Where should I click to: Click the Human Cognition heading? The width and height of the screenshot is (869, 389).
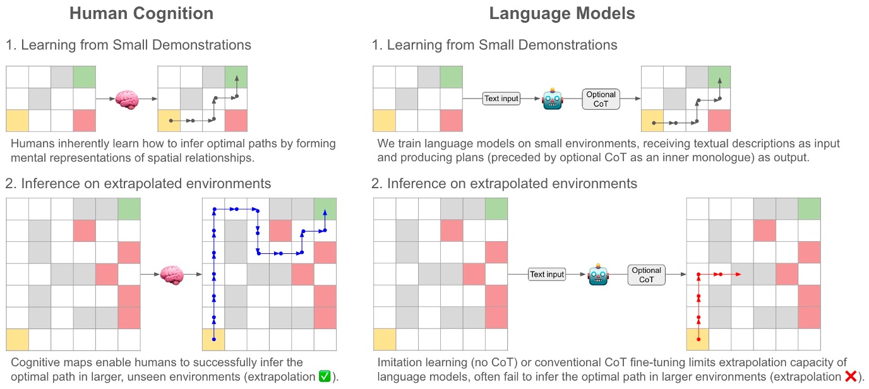point(141,14)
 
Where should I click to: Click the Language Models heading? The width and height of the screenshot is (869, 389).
point(562,14)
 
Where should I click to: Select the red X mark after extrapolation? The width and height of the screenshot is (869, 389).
point(851,377)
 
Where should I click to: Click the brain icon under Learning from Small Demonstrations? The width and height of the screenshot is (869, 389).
point(126,99)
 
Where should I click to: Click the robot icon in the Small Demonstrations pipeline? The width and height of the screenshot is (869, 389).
point(552,99)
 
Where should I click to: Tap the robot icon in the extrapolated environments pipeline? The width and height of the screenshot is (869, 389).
point(597,274)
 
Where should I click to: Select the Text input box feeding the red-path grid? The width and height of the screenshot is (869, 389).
point(546,274)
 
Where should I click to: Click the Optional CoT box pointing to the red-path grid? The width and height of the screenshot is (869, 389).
point(647,274)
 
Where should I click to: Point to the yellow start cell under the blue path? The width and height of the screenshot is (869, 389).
point(213,340)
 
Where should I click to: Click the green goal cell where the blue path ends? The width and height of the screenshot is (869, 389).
point(325,208)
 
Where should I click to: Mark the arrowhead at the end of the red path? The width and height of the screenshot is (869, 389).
point(738,274)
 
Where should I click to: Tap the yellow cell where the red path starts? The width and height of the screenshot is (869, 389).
point(698,340)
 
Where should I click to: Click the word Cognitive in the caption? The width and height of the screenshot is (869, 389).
point(37,362)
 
